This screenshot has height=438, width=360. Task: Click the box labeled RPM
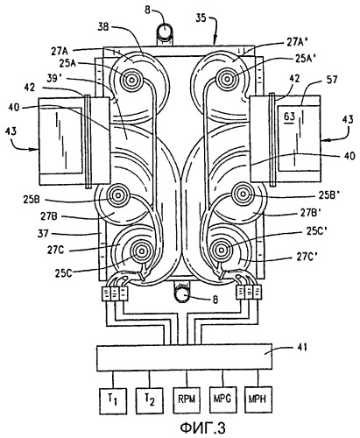point(187,399)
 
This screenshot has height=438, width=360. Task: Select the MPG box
point(223,399)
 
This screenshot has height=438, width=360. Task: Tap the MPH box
point(258,399)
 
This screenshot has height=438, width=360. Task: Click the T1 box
point(113,400)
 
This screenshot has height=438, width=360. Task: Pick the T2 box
point(149,400)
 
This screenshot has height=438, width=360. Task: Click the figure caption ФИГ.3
point(202,428)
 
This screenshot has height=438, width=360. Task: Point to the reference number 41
point(302,348)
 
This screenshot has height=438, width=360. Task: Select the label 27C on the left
point(55,250)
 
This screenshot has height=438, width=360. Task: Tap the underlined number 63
point(289,117)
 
